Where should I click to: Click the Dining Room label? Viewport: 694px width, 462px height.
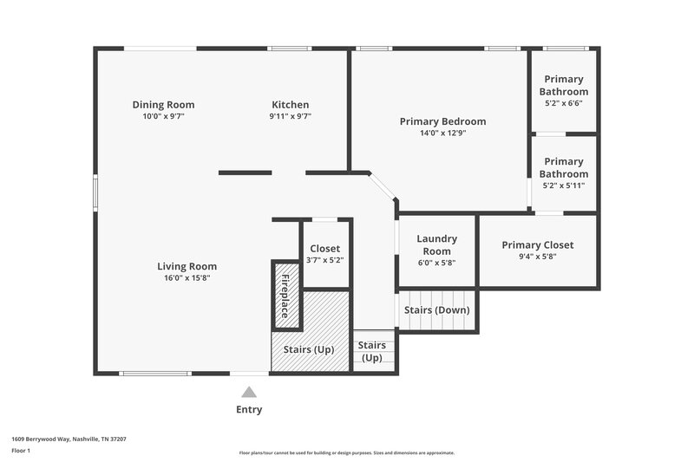[x=163, y=105]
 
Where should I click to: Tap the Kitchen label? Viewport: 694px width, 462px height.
[x=290, y=105]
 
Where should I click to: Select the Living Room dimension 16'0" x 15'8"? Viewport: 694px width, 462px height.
[x=187, y=277]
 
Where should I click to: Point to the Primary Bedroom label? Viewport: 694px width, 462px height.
[x=442, y=121]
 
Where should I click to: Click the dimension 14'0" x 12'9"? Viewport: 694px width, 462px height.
[x=442, y=133]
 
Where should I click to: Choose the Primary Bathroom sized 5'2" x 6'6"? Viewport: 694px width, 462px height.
[x=563, y=90]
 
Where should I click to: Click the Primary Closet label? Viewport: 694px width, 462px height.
[x=537, y=245]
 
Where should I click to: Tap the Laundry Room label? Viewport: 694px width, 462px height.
[x=436, y=244]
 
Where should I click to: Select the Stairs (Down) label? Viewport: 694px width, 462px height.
[x=438, y=310]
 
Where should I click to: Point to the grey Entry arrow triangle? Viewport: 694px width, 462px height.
[x=249, y=392]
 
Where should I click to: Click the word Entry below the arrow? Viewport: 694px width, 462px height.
[x=249, y=409]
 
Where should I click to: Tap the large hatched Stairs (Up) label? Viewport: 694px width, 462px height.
[x=309, y=349]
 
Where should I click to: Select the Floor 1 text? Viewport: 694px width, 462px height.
[x=21, y=451]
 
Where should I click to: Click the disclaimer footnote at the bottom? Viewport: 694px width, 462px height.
[x=347, y=452]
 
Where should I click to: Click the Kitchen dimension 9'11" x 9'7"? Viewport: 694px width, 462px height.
[x=290, y=116]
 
